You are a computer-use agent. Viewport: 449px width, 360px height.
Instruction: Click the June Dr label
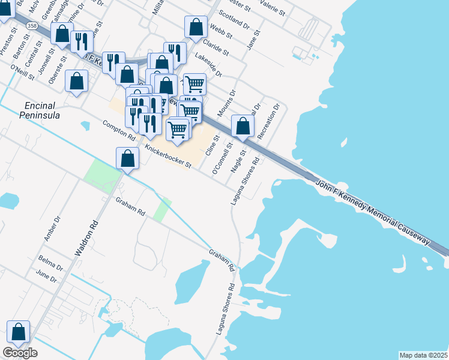[x=46, y=278]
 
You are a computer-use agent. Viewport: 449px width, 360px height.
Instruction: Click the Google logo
[x=20, y=353]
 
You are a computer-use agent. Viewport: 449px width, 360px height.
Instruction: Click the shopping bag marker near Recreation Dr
[x=243, y=127]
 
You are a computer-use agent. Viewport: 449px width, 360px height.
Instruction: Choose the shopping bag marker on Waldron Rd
[x=128, y=159]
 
